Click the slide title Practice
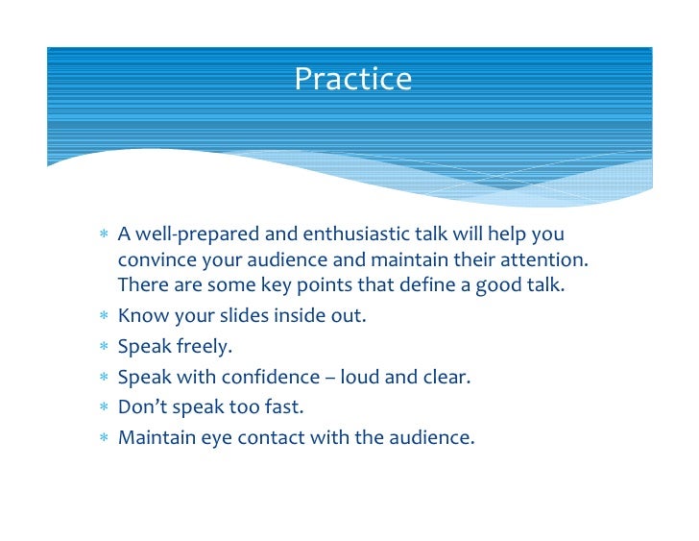(352, 79)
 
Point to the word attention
(545, 260)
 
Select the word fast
(281, 407)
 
